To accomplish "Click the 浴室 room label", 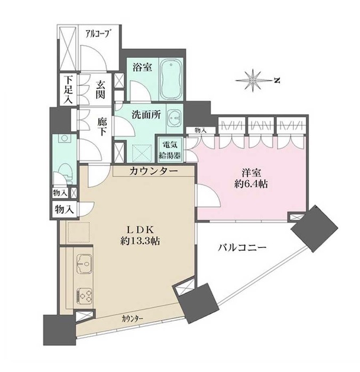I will (142, 68).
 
